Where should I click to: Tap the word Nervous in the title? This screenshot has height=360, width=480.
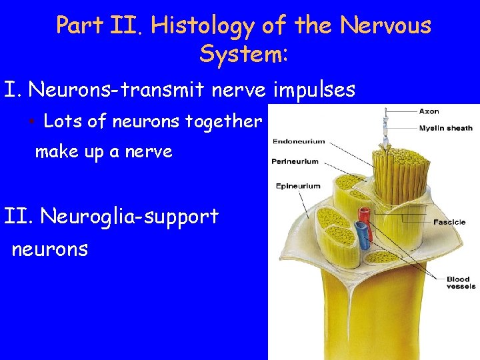click(x=385, y=26)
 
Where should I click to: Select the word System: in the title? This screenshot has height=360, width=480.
click(x=243, y=53)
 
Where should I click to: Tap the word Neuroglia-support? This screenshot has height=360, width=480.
click(x=129, y=216)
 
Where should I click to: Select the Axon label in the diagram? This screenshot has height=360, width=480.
click(x=429, y=111)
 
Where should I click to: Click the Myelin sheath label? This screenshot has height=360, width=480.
click(x=446, y=128)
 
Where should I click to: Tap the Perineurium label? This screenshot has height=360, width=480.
click(x=295, y=161)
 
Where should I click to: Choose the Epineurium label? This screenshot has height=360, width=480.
click(x=298, y=186)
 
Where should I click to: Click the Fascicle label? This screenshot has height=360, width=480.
click(x=449, y=222)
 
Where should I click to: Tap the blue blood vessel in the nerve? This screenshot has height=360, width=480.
click(x=361, y=234)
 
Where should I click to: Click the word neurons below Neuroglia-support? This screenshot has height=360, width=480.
click(x=50, y=249)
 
